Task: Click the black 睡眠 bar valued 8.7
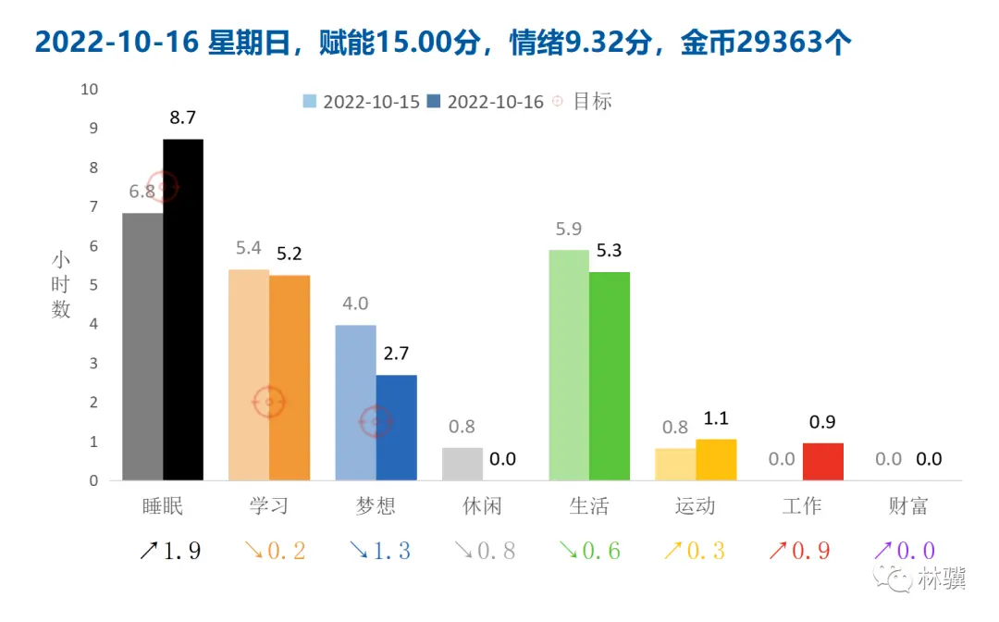tap(183, 309)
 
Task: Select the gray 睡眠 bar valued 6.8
tap(142, 346)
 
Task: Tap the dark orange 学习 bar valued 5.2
tap(290, 378)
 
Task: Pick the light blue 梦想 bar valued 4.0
tap(355, 403)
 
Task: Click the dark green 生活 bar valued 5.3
tap(610, 376)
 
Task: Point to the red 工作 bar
tap(822, 462)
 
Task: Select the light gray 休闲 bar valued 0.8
tap(462, 464)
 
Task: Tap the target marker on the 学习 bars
tap(269, 402)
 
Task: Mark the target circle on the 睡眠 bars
tap(164, 187)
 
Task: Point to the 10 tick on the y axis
tap(90, 90)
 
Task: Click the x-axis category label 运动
tap(696, 506)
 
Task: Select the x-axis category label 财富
tap(907, 506)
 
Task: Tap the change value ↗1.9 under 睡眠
tap(169, 552)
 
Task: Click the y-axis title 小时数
tap(61, 285)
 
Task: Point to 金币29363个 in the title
tap(764, 43)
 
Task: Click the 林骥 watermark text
tap(942, 580)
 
